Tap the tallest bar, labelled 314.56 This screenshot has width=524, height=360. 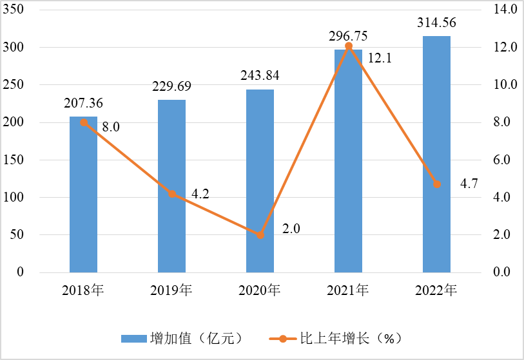[436, 155]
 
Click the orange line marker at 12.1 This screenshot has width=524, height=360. [349, 46]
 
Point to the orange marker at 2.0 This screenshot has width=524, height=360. [260, 235]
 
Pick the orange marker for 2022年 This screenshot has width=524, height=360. [437, 184]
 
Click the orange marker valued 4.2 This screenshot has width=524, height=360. [172, 194]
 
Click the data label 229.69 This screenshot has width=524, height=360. [171, 86]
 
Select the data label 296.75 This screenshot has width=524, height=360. [348, 35]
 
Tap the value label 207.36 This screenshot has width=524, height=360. [83, 103]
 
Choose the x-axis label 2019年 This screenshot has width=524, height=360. [171, 290]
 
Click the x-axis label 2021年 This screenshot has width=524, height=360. [348, 290]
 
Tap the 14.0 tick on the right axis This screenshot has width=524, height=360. [505, 10]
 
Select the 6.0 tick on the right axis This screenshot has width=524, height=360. [505, 160]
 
